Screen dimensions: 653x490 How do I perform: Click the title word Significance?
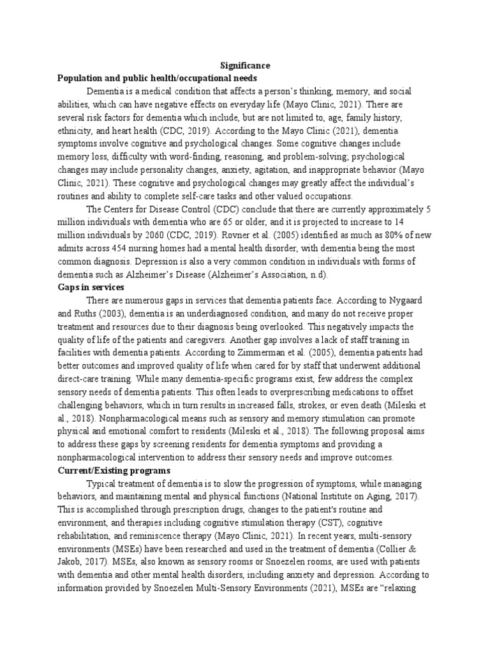point(245,66)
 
